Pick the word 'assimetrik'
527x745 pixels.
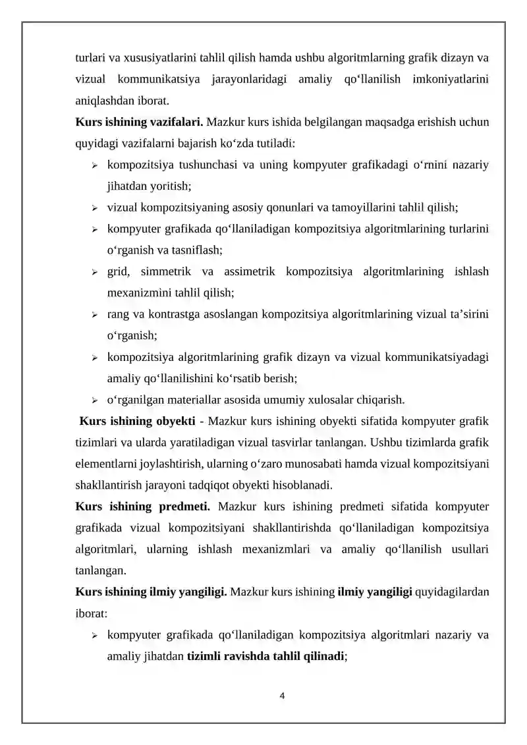coord(251,271)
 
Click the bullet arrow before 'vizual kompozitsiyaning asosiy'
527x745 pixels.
coord(95,208)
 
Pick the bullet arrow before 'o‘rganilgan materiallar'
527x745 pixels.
coord(95,400)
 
